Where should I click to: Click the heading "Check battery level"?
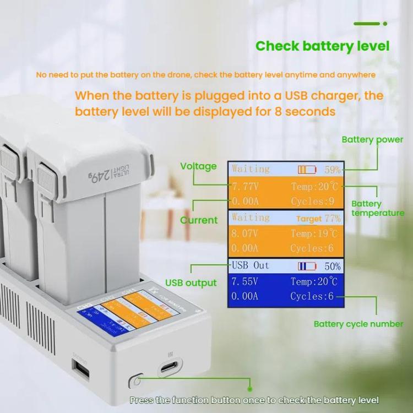pos(322,46)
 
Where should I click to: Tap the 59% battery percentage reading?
pos(332,170)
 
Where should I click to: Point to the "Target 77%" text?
pos(318,219)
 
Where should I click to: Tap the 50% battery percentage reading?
pos(332,267)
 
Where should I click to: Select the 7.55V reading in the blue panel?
pos(244,281)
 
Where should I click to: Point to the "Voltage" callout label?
pos(198,166)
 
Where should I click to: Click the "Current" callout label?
pos(199,220)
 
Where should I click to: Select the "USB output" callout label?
pos(191,283)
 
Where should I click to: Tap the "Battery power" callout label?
pos(372,139)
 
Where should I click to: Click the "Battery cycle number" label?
pos(358,324)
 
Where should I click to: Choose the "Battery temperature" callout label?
pos(378,208)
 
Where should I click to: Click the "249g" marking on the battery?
pos(99,176)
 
